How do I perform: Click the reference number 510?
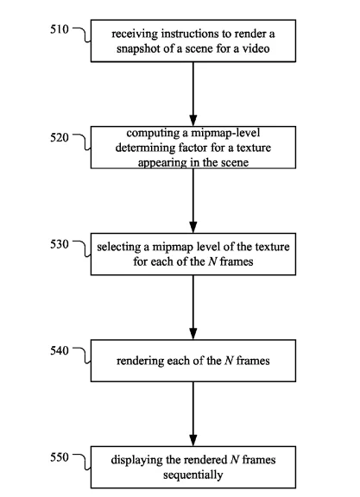[60, 29]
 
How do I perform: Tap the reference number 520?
[60, 137]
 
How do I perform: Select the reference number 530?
[60, 244]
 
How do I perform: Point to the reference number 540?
[60, 350]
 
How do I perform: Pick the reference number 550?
[60, 457]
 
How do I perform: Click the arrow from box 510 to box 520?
[193, 94]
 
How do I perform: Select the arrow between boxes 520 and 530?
[193, 201]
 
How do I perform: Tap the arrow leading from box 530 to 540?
[193, 307]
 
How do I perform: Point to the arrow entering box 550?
[193, 414]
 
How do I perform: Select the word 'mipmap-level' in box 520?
[225, 133]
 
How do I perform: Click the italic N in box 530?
[212, 261]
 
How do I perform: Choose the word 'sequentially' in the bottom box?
[193, 475]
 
